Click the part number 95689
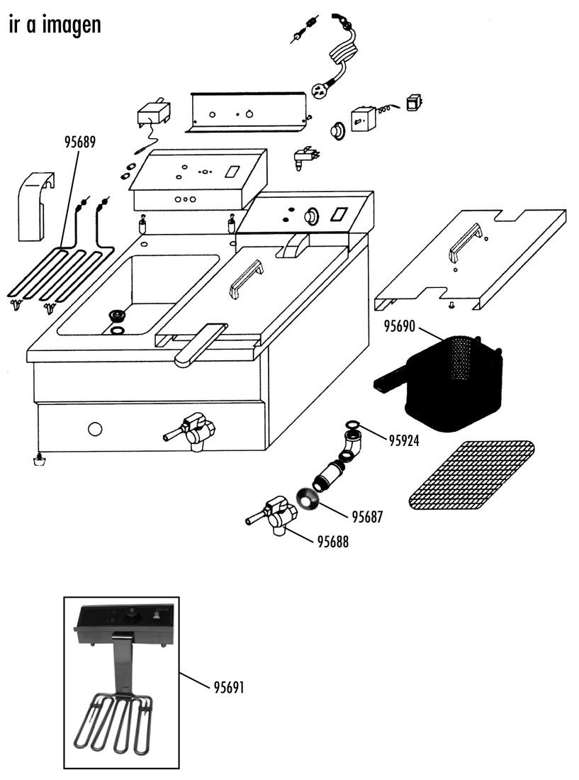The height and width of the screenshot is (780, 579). pos(79,142)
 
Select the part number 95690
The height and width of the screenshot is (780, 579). pos(399,326)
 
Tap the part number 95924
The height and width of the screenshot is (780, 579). pos(403,440)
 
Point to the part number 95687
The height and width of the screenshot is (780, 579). pos(367,517)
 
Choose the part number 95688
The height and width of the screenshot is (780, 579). pos(332,541)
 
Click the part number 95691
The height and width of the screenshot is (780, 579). pos(229,688)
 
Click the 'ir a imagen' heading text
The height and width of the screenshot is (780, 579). pos(55,24)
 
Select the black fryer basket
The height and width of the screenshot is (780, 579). pos(445,381)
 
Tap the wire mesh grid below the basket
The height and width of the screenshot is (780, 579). pos(471,476)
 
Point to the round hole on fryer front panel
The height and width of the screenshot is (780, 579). pos(95,428)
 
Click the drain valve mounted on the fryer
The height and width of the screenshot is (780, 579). pos(191,432)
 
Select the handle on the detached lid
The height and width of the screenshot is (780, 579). pos(465,243)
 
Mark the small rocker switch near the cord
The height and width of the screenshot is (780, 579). pos(413,102)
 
